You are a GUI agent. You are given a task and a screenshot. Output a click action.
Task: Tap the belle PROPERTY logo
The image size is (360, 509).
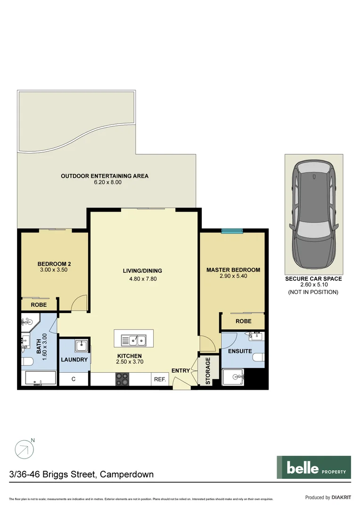pyautogui.click(x=313, y=467)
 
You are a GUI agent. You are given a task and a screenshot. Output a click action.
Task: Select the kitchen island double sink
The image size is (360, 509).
pyautogui.click(x=134, y=339)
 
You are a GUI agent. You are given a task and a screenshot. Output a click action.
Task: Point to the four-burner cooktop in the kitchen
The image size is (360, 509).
pyautogui.click(x=122, y=378)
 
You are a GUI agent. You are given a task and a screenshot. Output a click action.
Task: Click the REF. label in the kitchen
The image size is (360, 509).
pyautogui.click(x=159, y=379)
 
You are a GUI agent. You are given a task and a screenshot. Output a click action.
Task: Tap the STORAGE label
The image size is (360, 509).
pyautogui.click(x=208, y=371)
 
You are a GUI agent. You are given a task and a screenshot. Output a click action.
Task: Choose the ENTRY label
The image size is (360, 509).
pyautogui.click(x=180, y=371)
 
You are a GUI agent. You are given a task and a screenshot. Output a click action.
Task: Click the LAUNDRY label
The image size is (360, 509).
pyautogui.click(x=74, y=360)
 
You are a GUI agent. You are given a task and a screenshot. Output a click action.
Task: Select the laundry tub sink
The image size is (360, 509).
pyautogui.click(x=82, y=345)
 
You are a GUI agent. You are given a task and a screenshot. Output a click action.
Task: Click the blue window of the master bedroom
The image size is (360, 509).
pyautogui.click(x=232, y=230)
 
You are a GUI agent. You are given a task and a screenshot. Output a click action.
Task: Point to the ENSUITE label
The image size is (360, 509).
pyautogui.click(x=240, y=351)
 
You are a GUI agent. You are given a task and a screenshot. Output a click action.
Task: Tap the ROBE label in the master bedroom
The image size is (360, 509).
pyautogui.click(x=243, y=321)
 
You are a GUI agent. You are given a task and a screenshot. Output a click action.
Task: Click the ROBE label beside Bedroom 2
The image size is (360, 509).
pyautogui.click(x=39, y=305)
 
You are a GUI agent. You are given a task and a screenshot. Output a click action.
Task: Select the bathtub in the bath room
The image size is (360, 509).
pyautogui.click(x=40, y=378)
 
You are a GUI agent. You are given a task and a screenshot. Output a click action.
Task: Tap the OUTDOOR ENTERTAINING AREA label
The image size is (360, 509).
pyautogui.click(x=105, y=176)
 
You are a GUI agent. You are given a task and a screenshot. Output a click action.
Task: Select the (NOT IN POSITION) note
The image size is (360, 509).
pyautogui.click(x=313, y=292)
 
